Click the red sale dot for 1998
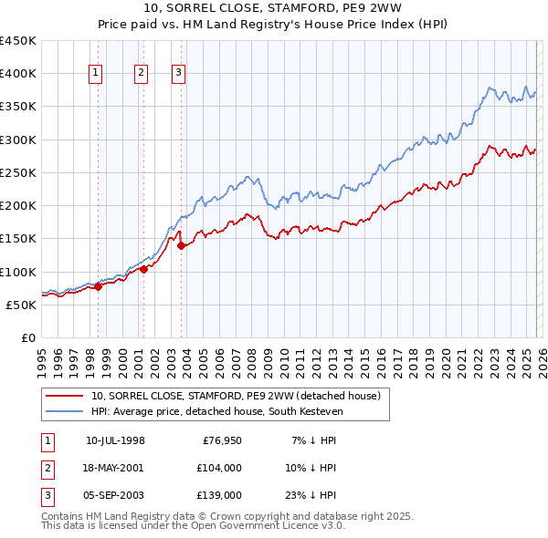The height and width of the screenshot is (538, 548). (98, 286)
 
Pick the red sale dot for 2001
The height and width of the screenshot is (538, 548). (143, 269)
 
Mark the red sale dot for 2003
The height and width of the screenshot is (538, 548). (181, 245)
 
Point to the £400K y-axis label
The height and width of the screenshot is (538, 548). (18, 74)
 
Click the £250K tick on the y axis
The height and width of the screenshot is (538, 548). (18, 172)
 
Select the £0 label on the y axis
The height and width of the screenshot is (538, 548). (27, 337)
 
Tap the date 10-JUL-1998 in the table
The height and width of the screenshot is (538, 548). (115, 440)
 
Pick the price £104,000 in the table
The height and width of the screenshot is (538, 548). (219, 468)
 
